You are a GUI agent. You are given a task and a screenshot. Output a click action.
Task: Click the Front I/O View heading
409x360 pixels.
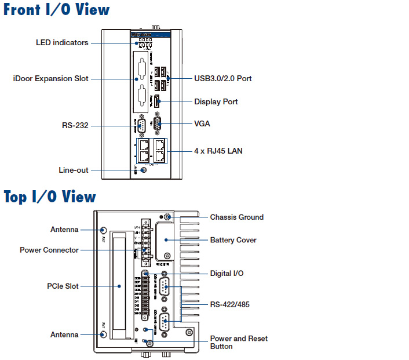[57, 10]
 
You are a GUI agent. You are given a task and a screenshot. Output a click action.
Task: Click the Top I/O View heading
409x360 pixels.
[50, 197]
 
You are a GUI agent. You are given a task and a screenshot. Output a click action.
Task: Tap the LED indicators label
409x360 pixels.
[62, 42]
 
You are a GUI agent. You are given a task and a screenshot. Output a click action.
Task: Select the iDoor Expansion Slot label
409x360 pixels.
[51, 78]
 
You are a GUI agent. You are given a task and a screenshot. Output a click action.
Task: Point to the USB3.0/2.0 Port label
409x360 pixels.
[222, 78]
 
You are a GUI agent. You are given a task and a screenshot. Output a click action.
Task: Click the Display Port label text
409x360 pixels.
[216, 101]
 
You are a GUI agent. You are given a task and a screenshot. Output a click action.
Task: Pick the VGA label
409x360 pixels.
[202, 123]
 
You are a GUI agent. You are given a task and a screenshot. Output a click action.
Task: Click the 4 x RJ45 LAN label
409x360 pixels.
[218, 151]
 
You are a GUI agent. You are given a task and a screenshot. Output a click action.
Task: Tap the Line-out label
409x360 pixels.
[74, 170]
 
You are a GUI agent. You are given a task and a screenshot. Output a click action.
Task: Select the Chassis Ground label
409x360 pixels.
[236, 217]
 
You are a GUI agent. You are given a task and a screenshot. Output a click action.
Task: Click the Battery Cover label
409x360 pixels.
[233, 240]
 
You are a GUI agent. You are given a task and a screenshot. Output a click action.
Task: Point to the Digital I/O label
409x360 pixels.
[227, 273]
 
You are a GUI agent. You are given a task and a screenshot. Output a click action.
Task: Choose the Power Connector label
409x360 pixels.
[49, 250]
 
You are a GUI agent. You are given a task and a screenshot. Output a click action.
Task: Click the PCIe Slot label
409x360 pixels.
[63, 286]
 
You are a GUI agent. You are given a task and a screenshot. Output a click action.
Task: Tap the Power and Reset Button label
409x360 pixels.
[239, 342]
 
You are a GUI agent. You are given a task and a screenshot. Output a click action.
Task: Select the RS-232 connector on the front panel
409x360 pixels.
[139, 125]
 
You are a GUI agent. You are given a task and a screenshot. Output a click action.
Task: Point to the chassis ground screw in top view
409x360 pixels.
[166, 218]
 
